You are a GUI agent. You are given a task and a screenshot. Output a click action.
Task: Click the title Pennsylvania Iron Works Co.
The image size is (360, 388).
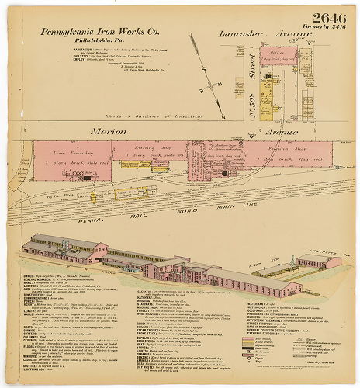[x=99, y=33]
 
